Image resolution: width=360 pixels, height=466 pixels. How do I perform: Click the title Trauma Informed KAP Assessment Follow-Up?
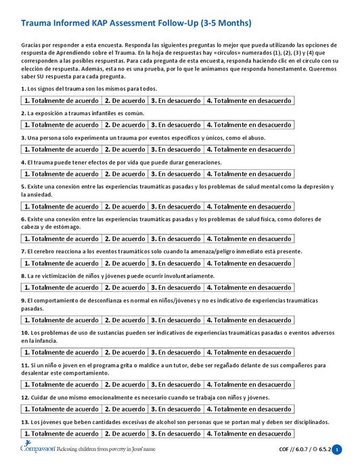[136, 23]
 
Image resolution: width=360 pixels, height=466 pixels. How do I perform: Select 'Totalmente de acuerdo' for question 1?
[62, 101]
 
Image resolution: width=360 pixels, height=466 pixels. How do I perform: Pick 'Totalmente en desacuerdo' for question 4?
[248, 173]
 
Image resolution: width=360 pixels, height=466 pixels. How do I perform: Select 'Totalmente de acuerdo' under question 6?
[62, 238]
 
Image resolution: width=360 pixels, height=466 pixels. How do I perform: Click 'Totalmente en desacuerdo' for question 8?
[248, 287]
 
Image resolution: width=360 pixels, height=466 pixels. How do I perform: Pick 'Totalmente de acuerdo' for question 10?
[62, 352]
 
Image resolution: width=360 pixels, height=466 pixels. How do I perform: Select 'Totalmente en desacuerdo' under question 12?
[248, 409]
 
